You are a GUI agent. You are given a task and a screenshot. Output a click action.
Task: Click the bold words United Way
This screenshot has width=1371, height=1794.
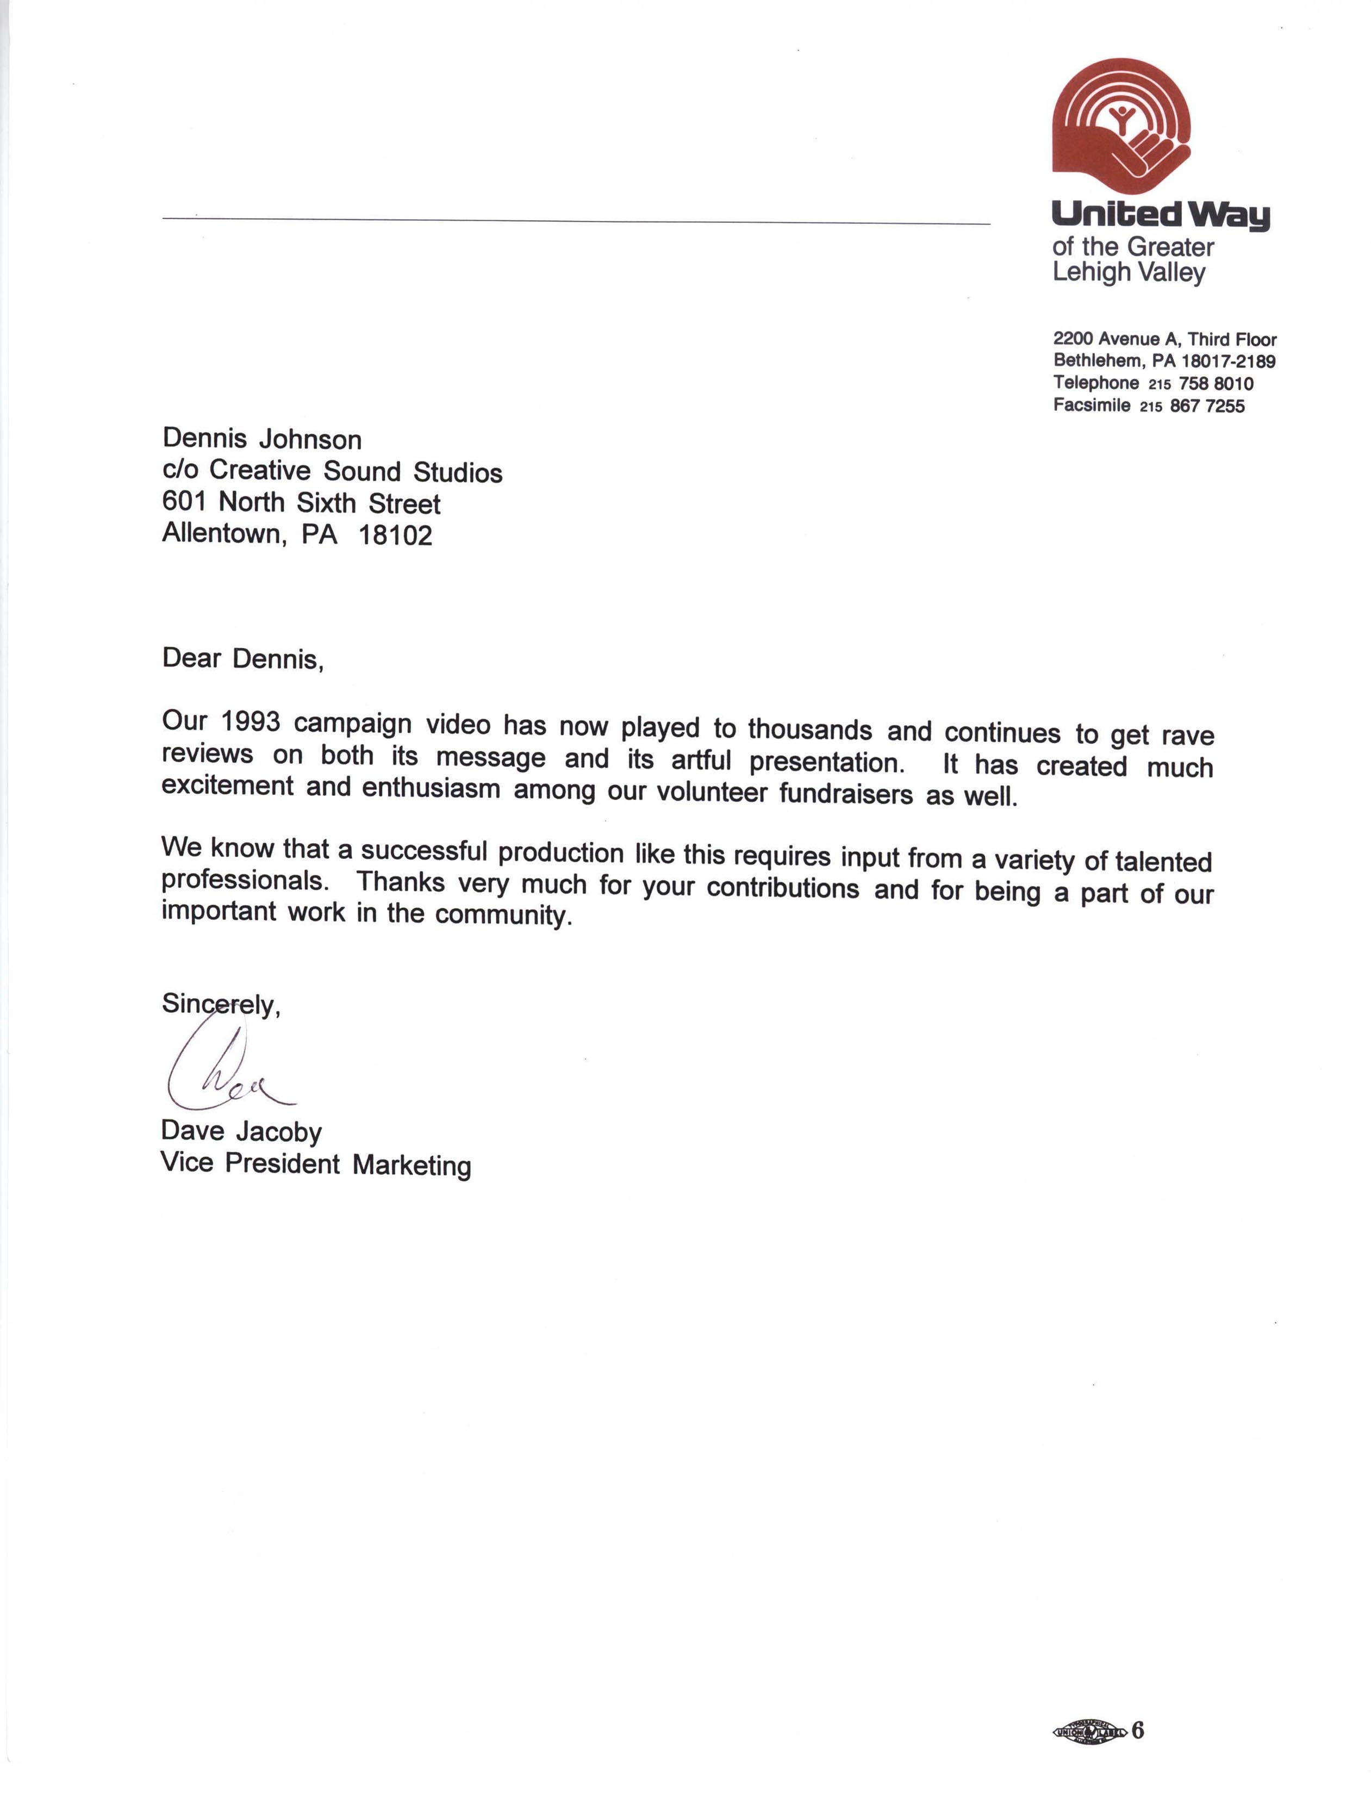tap(1161, 215)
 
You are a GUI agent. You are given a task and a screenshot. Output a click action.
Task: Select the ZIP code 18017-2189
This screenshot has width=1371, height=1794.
tap(1227, 361)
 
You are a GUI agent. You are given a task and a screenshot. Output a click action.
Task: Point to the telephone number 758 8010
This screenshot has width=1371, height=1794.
tap(1216, 383)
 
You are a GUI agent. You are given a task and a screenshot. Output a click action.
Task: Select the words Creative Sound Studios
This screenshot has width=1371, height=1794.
tap(356, 472)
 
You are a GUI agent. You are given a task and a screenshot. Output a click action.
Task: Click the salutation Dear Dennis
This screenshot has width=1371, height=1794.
tap(242, 658)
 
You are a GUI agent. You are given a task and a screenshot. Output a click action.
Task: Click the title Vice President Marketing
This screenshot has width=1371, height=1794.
tap(316, 1163)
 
